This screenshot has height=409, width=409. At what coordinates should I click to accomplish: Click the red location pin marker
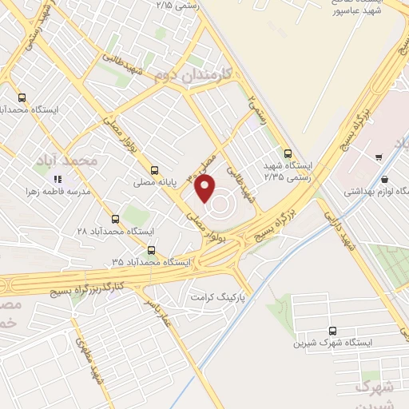205,189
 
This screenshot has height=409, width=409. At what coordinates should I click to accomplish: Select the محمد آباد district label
66,161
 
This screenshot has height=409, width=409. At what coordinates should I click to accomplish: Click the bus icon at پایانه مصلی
154,169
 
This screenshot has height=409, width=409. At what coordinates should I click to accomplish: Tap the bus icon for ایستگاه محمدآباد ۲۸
116,218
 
